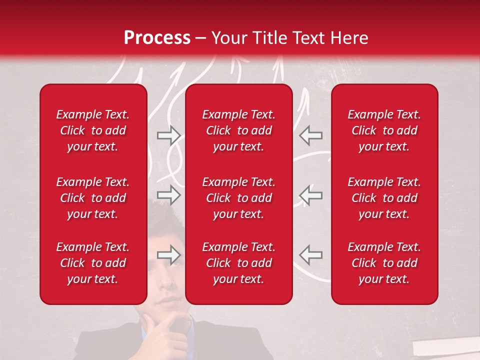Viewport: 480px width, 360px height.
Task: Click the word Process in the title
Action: pos(157,38)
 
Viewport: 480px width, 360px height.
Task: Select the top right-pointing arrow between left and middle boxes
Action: pos(168,135)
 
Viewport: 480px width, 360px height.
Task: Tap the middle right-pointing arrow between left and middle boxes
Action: pos(168,195)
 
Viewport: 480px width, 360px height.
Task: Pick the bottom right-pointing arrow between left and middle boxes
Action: pos(168,255)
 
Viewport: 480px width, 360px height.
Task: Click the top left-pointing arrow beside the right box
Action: pos(310,135)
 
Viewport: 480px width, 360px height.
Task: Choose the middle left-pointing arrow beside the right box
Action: pos(310,195)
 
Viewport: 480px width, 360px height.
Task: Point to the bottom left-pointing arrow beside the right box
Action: pos(310,255)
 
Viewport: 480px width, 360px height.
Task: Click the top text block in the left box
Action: pos(93,130)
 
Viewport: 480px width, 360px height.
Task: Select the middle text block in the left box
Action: pos(93,198)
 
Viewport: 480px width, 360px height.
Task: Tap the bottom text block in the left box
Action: pos(93,263)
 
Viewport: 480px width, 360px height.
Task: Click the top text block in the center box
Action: pos(238,130)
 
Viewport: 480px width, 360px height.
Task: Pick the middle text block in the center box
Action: pos(238,198)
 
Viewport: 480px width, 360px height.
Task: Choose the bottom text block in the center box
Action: pos(238,263)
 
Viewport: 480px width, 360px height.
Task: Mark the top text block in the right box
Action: pos(384,130)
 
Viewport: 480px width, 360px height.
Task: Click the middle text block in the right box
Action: pos(384,198)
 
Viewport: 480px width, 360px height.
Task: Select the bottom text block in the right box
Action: pos(384,263)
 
